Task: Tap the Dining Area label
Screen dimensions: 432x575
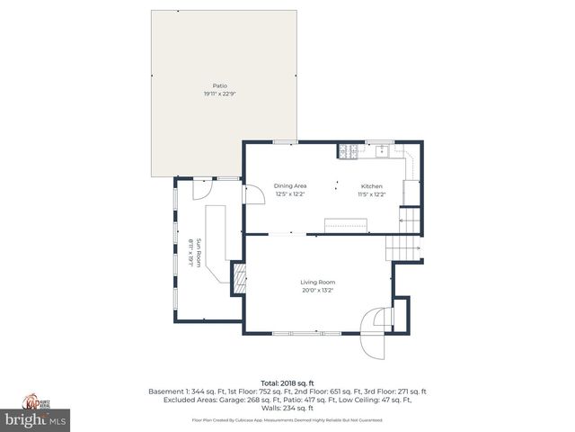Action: pyautogui.click(x=290, y=186)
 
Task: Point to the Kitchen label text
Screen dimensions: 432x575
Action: pyautogui.click(x=371, y=186)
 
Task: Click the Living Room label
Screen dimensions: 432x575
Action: pyautogui.click(x=317, y=282)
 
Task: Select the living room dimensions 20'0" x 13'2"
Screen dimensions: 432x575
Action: pyautogui.click(x=317, y=290)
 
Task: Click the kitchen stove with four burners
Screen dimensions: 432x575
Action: pyautogui.click(x=346, y=150)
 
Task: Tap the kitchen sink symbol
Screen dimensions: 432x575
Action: pyautogui.click(x=381, y=148)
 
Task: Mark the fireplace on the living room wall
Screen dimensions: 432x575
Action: pyautogui.click(x=239, y=278)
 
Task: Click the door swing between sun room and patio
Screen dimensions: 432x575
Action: pyautogui.click(x=202, y=188)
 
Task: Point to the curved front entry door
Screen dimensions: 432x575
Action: pyautogui.click(x=373, y=321)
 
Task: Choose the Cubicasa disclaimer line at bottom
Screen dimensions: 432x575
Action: pyautogui.click(x=287, y=420)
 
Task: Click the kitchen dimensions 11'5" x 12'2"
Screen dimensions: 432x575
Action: pyautogui.click(x=371, y=194)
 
